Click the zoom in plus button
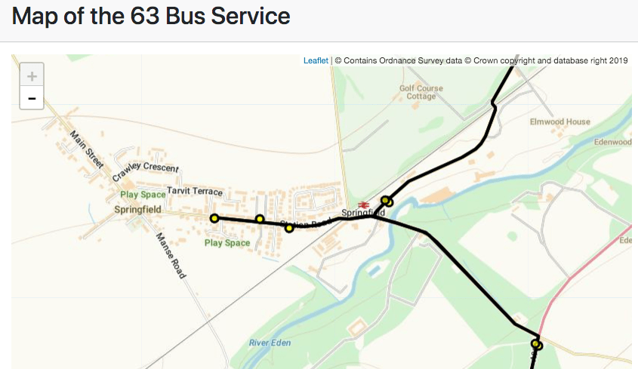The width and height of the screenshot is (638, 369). pyautogui.click(x=31, y=75)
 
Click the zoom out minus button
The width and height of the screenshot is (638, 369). pyautogui.click(x=31, y=98)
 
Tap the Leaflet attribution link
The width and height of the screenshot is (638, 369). pyautogui.click(x=316, y=60)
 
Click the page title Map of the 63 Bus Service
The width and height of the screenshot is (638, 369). pyautogui.click(x=151, y=16)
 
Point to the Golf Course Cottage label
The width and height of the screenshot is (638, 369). pyautogui.click(x=421, y=92)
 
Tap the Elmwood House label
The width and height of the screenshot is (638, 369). pyautogui.click(x=559, y=121)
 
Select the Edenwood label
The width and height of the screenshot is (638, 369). pyautogui.click(x=612, y=142)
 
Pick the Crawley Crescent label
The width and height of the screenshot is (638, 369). pyautogui.click(x=146, y=172)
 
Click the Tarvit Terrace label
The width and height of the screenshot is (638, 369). pyautogui.click(x=195, y=191)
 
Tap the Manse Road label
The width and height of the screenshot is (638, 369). pyautogui.click(x=170, y=256)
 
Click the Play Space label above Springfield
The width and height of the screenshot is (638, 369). pyautogui.click(x=143, y=195)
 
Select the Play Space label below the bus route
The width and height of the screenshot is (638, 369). pyautogui.click(x=227, y=243)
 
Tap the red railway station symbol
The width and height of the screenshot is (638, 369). pyautogui.click(x=363, y=203)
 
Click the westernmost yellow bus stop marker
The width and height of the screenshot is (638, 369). pyautogui.click(x=214, y=218)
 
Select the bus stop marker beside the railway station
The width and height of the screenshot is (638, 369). pyautogui.click(x=387, y=201)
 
